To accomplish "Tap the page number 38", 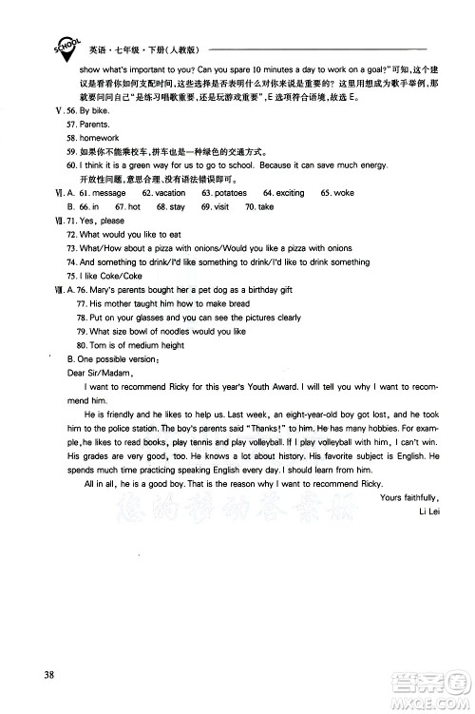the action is point(37,676).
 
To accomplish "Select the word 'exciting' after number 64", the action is point(290,192).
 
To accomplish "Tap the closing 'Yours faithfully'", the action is point(408,497).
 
